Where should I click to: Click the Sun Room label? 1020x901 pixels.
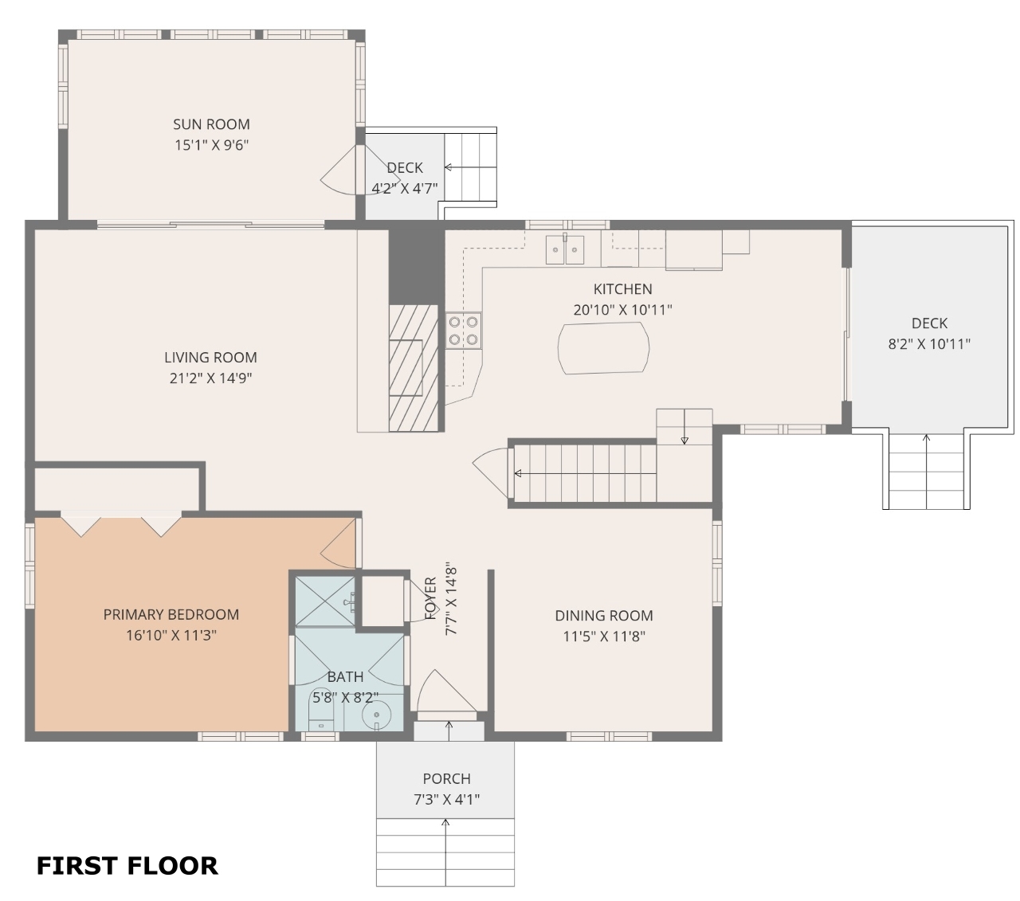[x=211, y=124]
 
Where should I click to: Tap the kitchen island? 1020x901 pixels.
[x=603, y=348]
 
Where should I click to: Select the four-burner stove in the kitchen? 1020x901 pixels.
[x=463, y=330]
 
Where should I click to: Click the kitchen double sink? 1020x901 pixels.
[x=565, y=249]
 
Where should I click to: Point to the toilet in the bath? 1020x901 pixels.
[x=320, y=709]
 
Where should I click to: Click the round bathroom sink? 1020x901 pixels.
[x=377, y=715]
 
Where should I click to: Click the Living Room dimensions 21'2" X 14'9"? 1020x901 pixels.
[x=210, y=378]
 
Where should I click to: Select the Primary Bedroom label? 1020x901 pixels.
[x=171, y=614]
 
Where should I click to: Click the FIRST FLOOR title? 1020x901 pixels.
[x=127, y=866]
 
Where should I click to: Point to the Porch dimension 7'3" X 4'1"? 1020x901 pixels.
[x=446, y=799]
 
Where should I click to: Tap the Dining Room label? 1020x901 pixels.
[x=604, y=615]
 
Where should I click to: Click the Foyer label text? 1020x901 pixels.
[x=431, y=598]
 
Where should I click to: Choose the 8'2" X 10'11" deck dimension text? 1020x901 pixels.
[x=929, y=344]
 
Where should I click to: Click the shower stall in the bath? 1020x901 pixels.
[x=325, y=601]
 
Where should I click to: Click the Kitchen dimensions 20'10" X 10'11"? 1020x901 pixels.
[x=623, y=310]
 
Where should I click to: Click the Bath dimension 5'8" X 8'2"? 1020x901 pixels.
[x=345, y=697]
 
